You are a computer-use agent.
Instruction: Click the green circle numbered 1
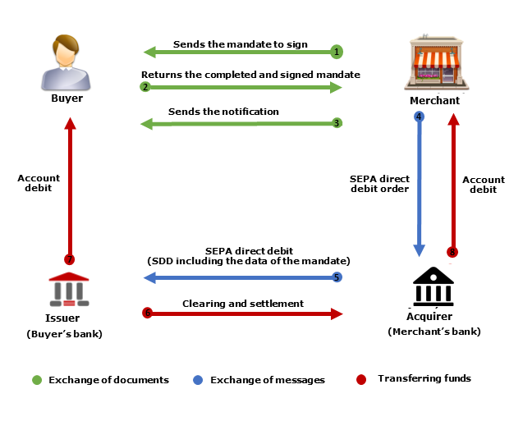coord(336,52)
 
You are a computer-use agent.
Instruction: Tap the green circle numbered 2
coord(145,86)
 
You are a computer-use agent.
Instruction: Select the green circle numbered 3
coord(336,123)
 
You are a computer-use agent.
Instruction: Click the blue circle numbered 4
coord(419,117)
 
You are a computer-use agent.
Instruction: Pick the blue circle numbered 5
coord(336,277)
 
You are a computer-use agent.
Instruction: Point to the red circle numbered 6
coord(148,313)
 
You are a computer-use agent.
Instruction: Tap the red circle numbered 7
coord(70,259)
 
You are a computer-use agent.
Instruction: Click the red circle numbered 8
coord(452,252)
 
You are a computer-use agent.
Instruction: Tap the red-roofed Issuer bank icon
coord(69,289)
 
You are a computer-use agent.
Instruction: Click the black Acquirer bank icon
coord(433,286)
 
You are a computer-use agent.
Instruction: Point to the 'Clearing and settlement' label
coord(243,304)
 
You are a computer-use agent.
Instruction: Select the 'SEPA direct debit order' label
coord(380,184)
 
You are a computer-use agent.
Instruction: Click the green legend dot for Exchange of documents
coord(36,380)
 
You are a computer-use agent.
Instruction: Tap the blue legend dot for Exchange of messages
coord(198,380)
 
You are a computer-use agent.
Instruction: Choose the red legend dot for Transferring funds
coord(361,379)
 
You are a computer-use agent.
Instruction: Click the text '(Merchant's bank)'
coord(433,332)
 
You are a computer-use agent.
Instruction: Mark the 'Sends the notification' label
coord(223,112)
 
